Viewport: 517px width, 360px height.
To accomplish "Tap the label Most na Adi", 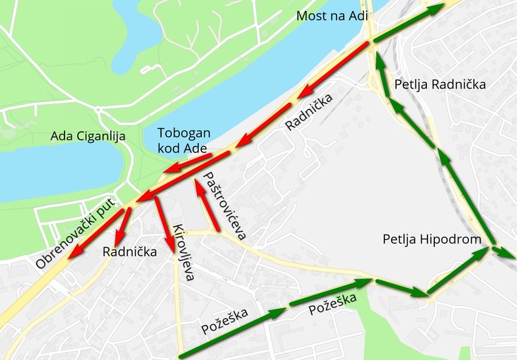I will click(332, 16).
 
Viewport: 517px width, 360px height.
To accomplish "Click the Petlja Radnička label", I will click(440, 85).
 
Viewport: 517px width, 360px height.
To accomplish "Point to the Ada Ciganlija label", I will click(89, 136).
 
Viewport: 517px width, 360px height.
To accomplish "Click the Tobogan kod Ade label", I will click(184, 140).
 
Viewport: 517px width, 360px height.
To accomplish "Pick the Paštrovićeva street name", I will click(222, 206).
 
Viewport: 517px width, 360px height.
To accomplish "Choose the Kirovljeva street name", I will click(184, 252).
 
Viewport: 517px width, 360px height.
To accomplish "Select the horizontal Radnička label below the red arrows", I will click(130, 252).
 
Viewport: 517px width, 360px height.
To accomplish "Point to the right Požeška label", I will click(332, 301).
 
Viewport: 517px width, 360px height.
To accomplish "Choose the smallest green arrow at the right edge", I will click(502, 252).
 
